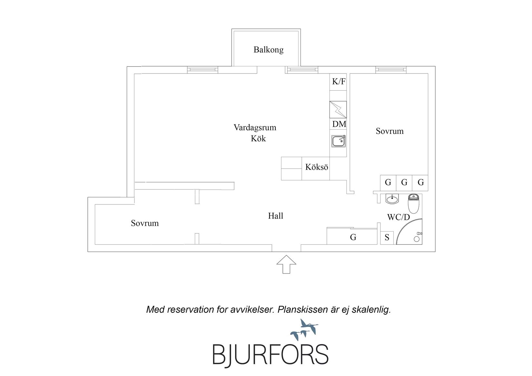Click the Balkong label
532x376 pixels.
pos(268,50)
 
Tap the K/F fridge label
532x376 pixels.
pos(339,82)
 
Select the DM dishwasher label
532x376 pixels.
pos(339,124)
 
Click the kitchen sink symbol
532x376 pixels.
pos(339,141)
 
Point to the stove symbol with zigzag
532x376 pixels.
pos(338,110)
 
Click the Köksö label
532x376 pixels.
pos(317,167)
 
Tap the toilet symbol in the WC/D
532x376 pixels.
pos(413,203)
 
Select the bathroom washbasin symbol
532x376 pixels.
pos(392,199)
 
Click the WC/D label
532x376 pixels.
pos(398,217)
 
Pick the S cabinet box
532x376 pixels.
pos(387,238)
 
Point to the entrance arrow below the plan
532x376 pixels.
pos(286,264)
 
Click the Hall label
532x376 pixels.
pos(275,216)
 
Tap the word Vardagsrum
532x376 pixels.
pos(255,128)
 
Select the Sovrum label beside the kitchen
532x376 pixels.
pos(389,131)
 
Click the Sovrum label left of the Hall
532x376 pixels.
pos(145,223)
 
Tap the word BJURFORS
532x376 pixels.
pos(271,355)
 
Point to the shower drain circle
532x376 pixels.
pos(417,239)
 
